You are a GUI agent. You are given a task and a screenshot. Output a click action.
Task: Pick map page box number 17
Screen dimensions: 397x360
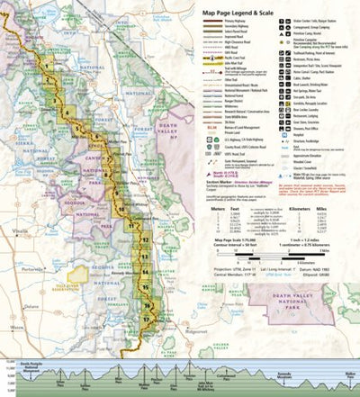(x=146, y=317)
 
